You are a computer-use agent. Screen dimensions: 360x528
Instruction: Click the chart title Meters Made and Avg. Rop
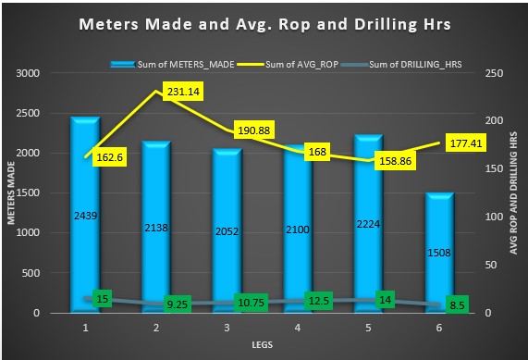coord(264,24)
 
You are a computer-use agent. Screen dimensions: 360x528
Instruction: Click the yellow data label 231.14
coord(185,92)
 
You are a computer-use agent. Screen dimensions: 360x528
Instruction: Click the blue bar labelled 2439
coord(85,215)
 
